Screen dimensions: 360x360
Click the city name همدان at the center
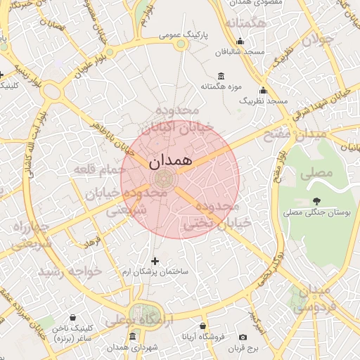(x=170, y=160)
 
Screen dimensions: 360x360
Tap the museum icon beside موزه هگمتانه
(x=221, y=76)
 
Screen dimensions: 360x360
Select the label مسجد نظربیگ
(x=264, y=101)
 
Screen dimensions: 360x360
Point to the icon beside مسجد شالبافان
(x=241, y=41)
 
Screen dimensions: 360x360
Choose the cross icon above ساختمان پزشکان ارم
(x=155, y=261)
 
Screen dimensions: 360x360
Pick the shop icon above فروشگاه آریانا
(x=203, y=326)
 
